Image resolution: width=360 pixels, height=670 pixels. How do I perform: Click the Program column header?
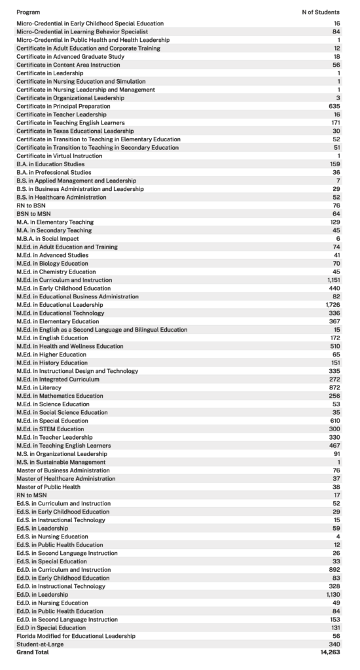[x=27, y=12]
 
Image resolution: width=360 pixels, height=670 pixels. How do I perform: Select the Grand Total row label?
[x=32, y=652]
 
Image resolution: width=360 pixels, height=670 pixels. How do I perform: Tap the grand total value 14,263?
[x=330, y=652]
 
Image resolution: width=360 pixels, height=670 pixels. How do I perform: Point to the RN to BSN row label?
[x=31, y=205]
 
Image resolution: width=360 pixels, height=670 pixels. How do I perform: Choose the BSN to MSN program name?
[x=33, y=214]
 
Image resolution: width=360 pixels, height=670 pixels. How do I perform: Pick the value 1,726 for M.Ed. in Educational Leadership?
[x=333, y=305]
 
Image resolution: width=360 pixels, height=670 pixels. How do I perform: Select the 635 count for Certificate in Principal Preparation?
[x=334, y=106]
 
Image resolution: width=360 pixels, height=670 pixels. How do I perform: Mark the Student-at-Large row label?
[x=40, y=644]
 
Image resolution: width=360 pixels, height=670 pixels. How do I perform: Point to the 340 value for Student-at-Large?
[x=334, y=644]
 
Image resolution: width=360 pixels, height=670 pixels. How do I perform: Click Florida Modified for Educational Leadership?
[x=76, y=635]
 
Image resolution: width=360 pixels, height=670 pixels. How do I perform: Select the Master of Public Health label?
[x=48, y=487]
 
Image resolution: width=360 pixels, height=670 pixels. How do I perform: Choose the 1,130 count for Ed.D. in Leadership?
[x=333, y=594]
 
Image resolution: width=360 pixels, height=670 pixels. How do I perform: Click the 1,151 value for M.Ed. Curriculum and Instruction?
[x=333, y=280]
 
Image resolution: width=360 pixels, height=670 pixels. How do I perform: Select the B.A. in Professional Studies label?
[x=54, y=172]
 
